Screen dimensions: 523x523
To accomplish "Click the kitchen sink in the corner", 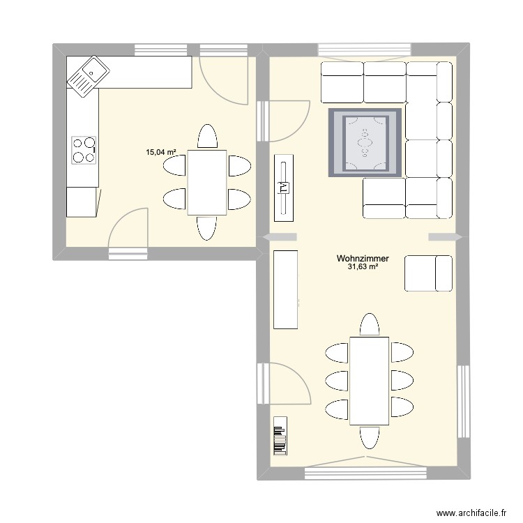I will point(87,75).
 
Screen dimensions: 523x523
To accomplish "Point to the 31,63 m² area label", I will point(362,267).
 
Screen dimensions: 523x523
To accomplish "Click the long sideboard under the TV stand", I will point(286,289).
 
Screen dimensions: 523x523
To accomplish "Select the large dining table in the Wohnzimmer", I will point(369,380).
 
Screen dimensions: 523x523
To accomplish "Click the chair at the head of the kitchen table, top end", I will point(206,135).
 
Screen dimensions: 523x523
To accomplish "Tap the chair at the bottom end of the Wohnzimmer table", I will point(369,437).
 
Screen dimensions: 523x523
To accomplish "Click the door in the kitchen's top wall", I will point(223,77).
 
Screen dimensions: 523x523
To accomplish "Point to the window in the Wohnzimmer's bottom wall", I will point(365,472).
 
